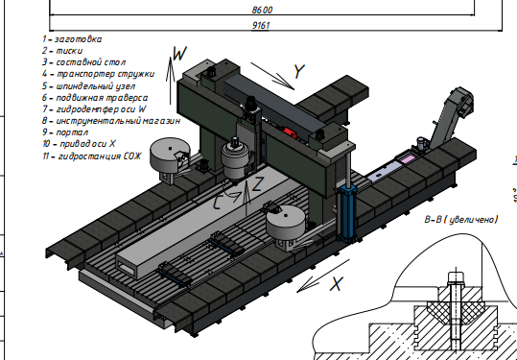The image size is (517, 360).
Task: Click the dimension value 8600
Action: (262, 10)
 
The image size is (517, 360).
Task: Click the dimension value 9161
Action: (261, 25)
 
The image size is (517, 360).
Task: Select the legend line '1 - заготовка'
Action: (72, 39)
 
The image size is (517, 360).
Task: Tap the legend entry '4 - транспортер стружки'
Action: (98, 74)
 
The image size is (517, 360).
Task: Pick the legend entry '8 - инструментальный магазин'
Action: (111, 120)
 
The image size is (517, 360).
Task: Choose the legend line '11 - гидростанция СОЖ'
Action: (92, 156)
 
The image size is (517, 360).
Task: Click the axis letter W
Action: (179, 53)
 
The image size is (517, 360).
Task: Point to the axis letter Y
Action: (299, 72)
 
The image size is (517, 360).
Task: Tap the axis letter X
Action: (337, 284)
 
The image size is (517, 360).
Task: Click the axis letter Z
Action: (257, 184)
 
